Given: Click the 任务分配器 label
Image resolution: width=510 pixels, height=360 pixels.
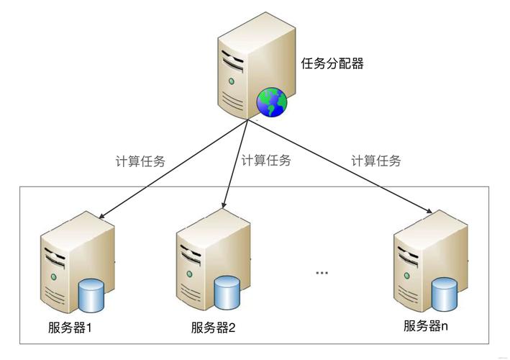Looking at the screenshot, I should click(332, 63).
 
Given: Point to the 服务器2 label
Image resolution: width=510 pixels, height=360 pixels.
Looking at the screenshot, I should click(214, 328).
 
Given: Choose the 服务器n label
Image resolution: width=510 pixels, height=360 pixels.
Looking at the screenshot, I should click(425, 325).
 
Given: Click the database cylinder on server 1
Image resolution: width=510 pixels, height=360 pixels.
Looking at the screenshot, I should click(91, 294).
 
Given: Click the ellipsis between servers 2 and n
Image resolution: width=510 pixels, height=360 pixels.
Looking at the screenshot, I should click(322, 273).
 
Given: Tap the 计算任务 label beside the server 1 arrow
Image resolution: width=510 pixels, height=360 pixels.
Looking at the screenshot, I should click(140, 161).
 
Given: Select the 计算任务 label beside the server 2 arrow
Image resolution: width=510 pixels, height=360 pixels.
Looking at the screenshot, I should click(266, 161).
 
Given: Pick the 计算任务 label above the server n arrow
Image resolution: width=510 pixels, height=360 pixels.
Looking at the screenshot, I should click(376, 161).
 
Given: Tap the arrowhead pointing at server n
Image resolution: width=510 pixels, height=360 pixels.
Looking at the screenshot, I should click(430, 212).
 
